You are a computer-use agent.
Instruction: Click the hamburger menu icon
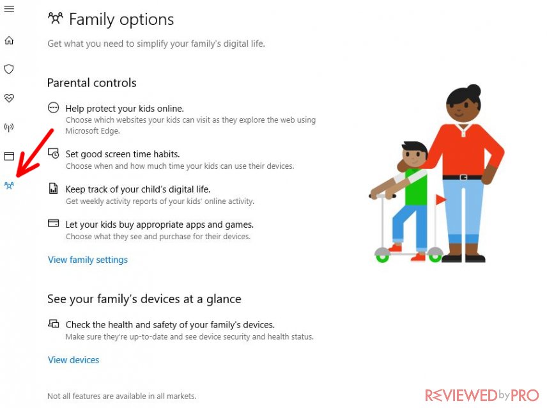tap(9, 9)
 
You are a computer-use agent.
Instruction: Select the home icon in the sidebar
tap(9, 40)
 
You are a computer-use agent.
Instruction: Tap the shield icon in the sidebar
tap(9, 69)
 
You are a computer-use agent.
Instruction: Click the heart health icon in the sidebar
tap(9, 98)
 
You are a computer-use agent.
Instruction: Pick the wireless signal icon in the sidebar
tap(9, 127)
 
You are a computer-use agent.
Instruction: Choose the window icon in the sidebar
tap(9, 156)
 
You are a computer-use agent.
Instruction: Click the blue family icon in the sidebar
tap(9, 185)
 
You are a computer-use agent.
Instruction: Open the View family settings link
tap(88, 260)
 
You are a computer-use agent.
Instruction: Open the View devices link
tap(73, 360)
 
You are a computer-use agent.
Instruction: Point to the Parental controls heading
tap(92, 82)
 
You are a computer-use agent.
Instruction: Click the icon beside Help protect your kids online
tap(54, 107)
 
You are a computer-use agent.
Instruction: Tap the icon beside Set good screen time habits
tap(54, 153)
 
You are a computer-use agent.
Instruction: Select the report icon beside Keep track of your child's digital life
tap(54, 188)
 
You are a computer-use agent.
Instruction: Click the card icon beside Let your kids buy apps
tap(54, 223)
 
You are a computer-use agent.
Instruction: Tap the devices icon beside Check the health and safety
tap(54, 324)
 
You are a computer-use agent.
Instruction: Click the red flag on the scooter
tap(440, 200)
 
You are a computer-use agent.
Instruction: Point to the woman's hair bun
tap(474, 91)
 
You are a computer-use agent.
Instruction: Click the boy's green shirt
tap(416, 187)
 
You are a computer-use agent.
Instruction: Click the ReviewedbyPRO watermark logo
tap(482, 395)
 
